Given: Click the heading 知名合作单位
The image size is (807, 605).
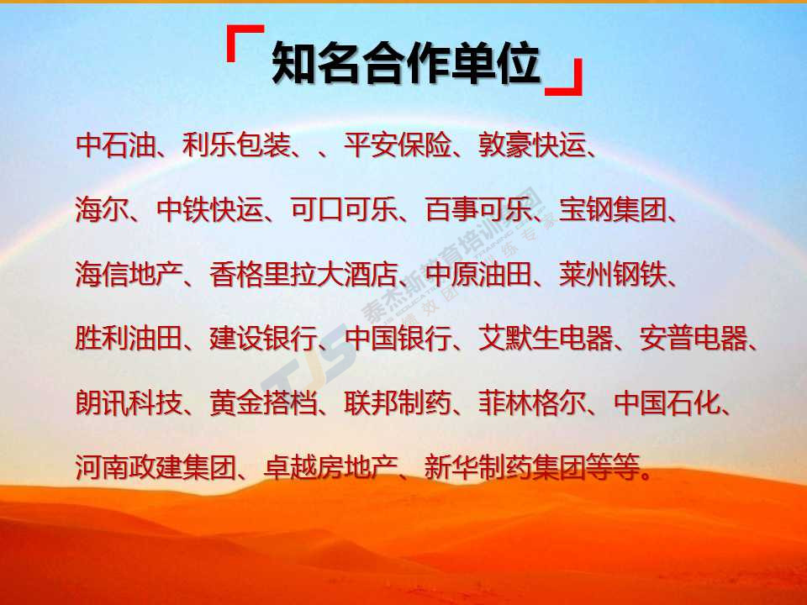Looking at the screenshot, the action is tap(406, 63).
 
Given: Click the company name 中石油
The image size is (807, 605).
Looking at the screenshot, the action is tap(115, 145).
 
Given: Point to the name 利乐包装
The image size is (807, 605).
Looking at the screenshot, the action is tap(236, 145).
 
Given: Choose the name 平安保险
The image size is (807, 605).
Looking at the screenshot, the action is tap(398, 145).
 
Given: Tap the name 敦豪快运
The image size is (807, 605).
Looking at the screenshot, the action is tap(532, 145).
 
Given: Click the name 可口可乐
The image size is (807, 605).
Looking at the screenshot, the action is tap(344, 209).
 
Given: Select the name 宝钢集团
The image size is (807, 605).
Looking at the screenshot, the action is tap(613, 209).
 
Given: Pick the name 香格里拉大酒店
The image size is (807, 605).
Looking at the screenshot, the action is tap(303, 274).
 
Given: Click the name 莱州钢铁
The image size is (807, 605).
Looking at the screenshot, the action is tap(613, 274).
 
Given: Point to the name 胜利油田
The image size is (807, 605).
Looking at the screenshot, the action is tap(129, 339).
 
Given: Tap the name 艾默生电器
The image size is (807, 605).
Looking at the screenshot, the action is tap(546, 339).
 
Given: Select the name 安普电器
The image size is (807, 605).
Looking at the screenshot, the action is tap(694, 339).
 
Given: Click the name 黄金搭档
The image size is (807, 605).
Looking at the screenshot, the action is tap(263, 402).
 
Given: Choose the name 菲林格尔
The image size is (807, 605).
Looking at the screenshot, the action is tap(532, 402).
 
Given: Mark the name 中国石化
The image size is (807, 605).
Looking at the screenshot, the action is tap(667, 402).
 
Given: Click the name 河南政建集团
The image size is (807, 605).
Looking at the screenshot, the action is tap(156, 468).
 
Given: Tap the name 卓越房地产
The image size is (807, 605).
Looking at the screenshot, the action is tap(330, 468).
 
